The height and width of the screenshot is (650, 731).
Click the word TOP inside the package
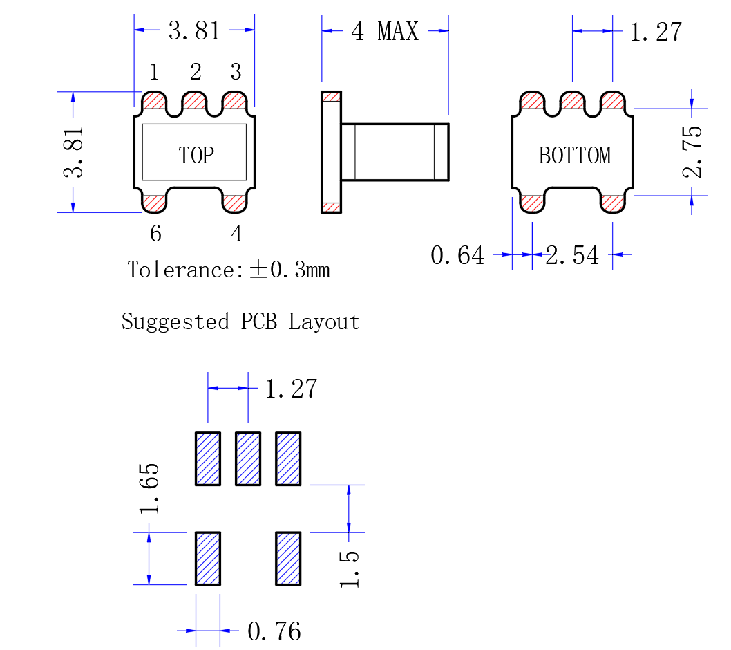point(196,156)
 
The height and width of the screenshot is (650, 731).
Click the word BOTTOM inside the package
point(575,156)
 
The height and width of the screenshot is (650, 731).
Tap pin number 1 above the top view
point(155,72)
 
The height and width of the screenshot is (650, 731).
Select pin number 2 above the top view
point(196,72)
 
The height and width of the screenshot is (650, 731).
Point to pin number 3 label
point(236,72)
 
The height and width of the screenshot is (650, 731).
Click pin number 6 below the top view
point(155,233)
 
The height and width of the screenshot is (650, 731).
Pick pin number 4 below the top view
point(237,233)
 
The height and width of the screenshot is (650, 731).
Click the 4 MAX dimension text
point(385,32)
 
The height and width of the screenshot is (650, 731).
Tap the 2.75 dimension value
point(692,151)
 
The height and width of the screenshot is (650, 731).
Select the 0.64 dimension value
point(457,256)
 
